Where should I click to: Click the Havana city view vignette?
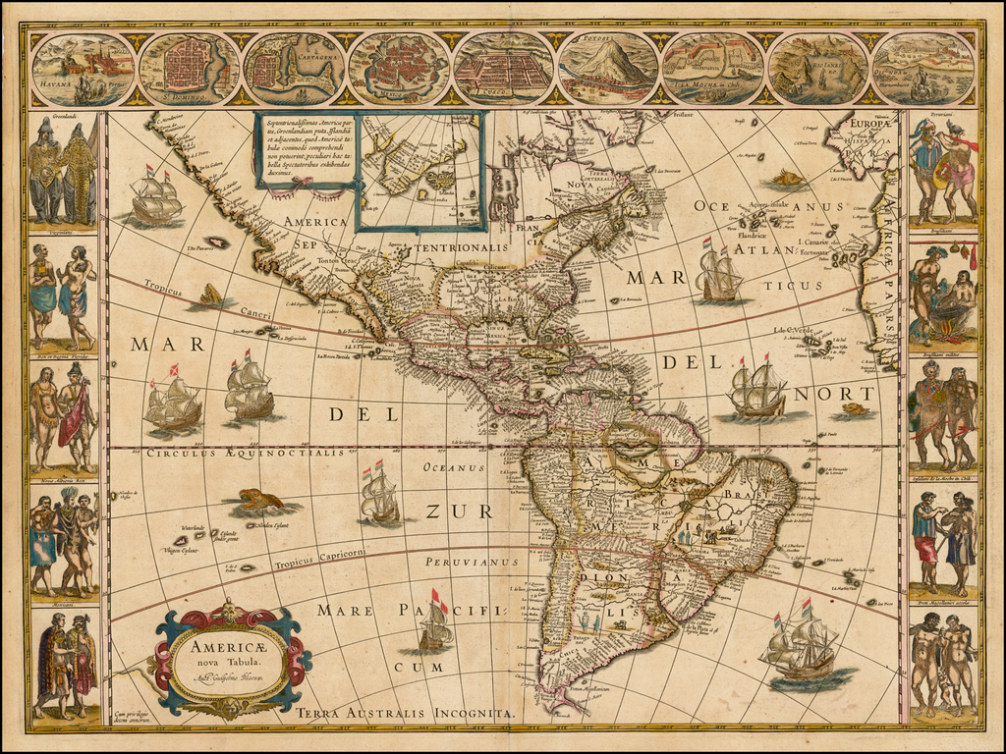click(x=83, y=68)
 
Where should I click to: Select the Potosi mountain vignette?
click(x=608, y=68)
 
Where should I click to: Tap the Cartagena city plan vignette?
click(x=293, y=68)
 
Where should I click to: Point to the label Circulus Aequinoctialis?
click(x=246, y=453)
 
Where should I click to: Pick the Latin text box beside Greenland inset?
click(x=304, y=147)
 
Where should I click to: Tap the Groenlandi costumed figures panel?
click(x=63, y=172)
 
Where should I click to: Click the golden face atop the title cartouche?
click(x=230, y=611)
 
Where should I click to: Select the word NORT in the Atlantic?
click(x=847, y=393)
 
